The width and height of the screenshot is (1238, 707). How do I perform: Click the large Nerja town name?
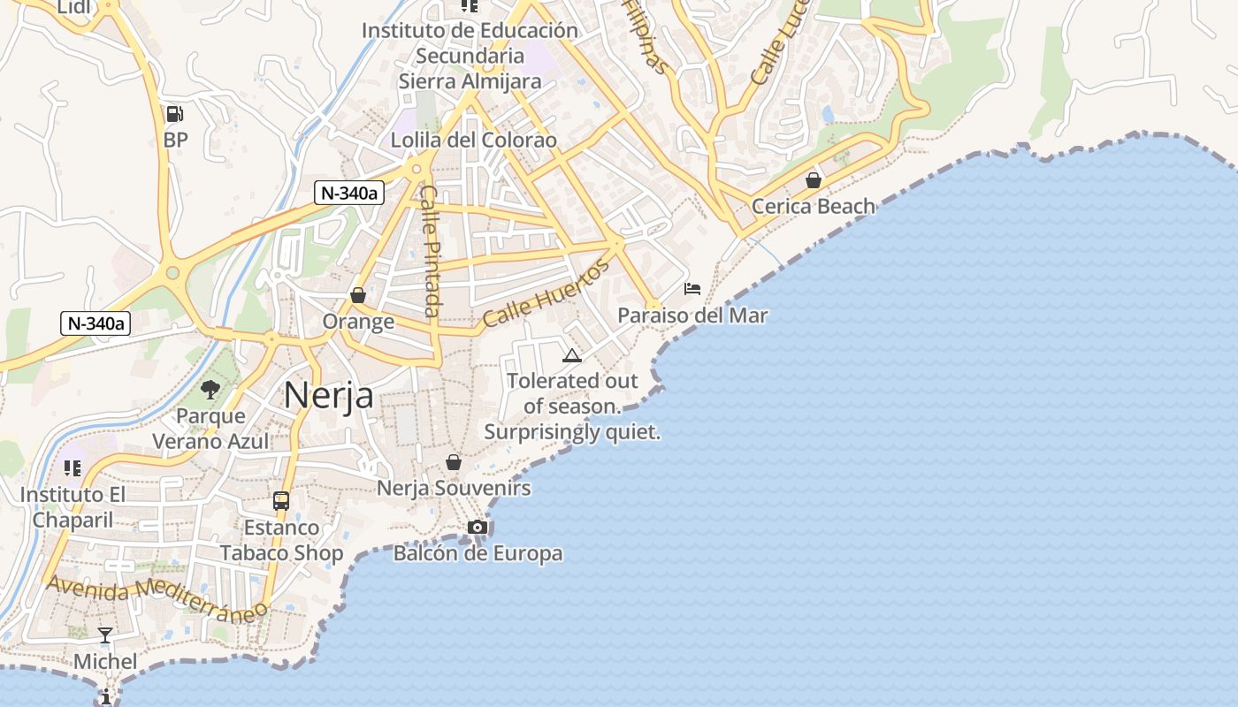coord(328,395)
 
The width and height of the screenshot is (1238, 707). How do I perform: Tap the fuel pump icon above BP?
coord(174,113)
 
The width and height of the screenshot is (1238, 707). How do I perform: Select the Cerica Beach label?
coord(813,206)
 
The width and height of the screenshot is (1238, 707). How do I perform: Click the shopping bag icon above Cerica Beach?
coord(813,180)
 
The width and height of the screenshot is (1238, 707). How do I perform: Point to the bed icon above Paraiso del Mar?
coord(692,289)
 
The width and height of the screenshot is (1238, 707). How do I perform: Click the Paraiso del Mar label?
coord(692,315)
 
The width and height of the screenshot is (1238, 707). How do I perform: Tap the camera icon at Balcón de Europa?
coord(478,528)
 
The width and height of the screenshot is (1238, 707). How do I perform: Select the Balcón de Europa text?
coord(478,553)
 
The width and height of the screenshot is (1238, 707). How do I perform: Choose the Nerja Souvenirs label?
coord(454,488)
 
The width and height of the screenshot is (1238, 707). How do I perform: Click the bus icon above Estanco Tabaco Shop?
coord(281,501)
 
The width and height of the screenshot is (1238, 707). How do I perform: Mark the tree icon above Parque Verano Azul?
coord(210,389)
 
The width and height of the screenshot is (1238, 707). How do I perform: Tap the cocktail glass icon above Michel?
coord(105,635)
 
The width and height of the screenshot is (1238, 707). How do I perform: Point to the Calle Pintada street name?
coord(430,250)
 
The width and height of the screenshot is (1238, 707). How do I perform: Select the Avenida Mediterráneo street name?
coord(157,598)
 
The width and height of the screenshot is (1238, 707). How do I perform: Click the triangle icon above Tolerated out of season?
coord(571,356)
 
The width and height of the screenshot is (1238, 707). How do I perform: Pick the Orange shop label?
coord(358,321)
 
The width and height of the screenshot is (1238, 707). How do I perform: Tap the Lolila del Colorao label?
coord(474,140)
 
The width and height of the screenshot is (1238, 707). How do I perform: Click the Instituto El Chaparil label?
coord(73,506)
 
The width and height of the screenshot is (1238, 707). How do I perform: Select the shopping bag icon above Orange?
coord(358,295)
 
